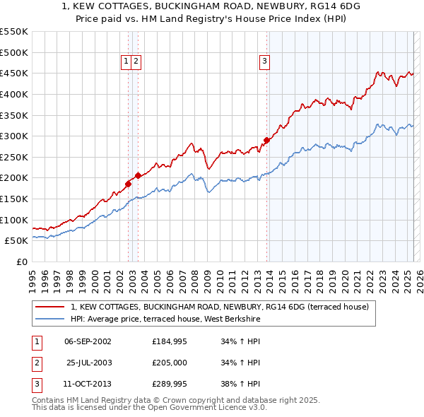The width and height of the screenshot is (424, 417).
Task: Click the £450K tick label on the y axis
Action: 14,73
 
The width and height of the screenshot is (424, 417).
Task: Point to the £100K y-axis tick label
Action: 14,220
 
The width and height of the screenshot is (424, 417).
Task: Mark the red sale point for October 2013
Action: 266,140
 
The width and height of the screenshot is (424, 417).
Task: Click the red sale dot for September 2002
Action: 129,184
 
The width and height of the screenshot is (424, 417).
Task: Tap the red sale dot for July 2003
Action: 139,175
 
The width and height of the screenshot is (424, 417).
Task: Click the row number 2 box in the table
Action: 36,363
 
